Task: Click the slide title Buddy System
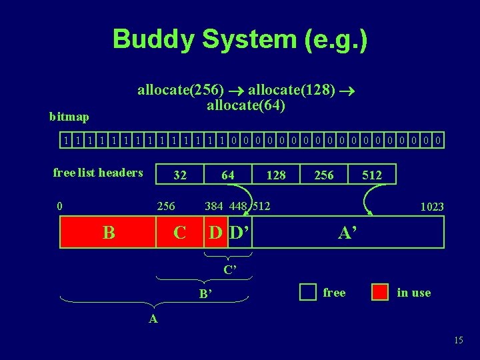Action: click(x=239, y=39)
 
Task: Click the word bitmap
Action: click(x=69, y=117)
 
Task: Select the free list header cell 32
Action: click(x=180, y=175)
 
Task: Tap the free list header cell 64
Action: click(x=228, y=175)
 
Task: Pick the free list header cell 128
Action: click(x=276, y=175)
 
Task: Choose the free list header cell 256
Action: click(x=324, y=175)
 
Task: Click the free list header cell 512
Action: click(x=372, y=175)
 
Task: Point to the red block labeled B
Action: click(x=108, y=233)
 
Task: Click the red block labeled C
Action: click(x=179, y=233)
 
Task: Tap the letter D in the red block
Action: click(x=215, y=233)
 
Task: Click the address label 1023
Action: click(x=431, y=207)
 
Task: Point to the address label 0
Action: click(x=60, y=205)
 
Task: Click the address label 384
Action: click(x=214, y=205)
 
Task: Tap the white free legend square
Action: click(x=307, y=292)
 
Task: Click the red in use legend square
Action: click(x=380, y=292)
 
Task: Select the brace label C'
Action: click(x=231, y=270)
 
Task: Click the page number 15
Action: click(x=458, y=341)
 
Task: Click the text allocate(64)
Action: click(x=246, y=105)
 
